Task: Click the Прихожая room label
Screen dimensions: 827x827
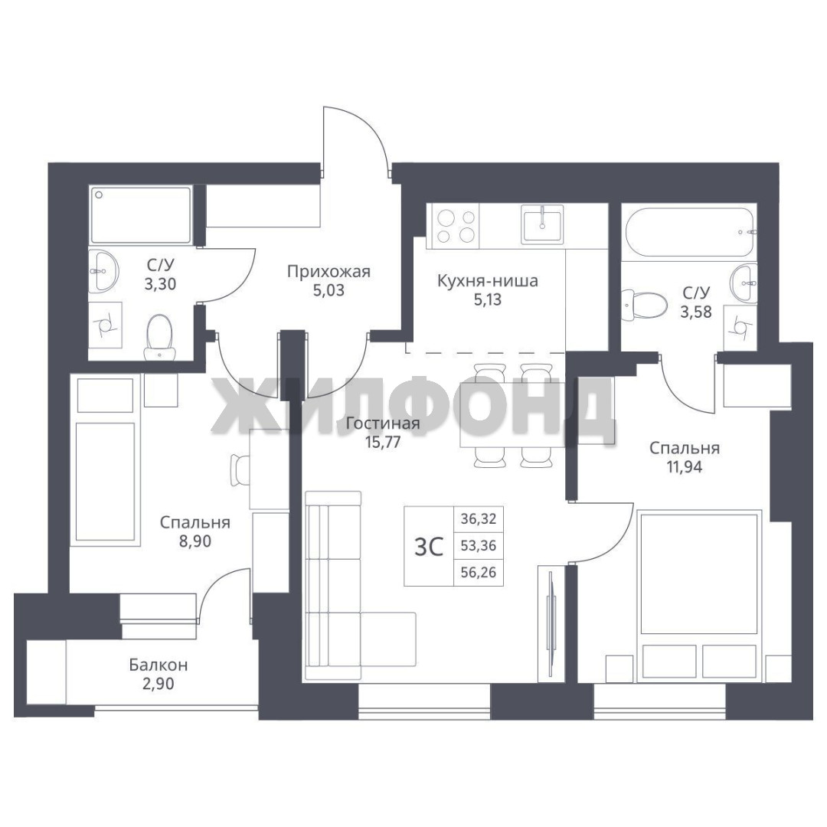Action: point(329,272)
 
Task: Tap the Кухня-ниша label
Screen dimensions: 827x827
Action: point(488,280)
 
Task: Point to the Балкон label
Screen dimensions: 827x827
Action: point(159,665)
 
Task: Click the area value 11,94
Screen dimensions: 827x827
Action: point(684,467)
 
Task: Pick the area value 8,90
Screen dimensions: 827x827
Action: point(195,541)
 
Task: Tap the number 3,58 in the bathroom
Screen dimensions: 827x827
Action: point(696,312)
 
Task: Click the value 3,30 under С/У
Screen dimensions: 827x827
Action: point(160,284)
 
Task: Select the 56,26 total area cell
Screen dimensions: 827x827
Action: point(479,572)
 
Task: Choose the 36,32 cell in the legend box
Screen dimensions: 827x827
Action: point(479,519)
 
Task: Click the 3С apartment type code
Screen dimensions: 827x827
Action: point(429,547)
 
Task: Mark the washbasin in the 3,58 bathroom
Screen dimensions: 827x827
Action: point(744,282)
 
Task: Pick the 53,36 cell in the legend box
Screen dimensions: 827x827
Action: point(479,545)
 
